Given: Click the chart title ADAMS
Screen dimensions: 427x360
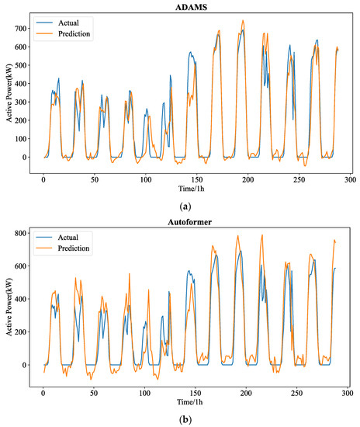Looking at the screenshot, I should pos(189,7).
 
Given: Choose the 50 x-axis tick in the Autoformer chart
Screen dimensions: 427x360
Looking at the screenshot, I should pos(95,394).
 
